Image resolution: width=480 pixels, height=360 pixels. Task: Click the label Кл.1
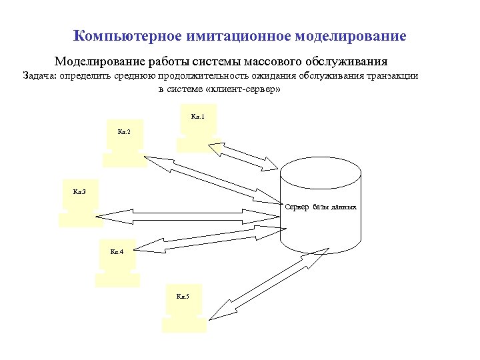pos(198,117)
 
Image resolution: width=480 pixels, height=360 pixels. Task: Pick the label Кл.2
pos(124,132)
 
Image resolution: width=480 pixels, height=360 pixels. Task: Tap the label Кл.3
pos(79,193)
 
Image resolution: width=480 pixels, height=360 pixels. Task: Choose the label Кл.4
pos(117,252)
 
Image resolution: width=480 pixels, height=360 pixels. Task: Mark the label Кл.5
pos(183,296)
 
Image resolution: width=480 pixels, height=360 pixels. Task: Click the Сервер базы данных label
pos(321,207)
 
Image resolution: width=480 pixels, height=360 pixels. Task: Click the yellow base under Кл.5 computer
pos(183,325)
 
